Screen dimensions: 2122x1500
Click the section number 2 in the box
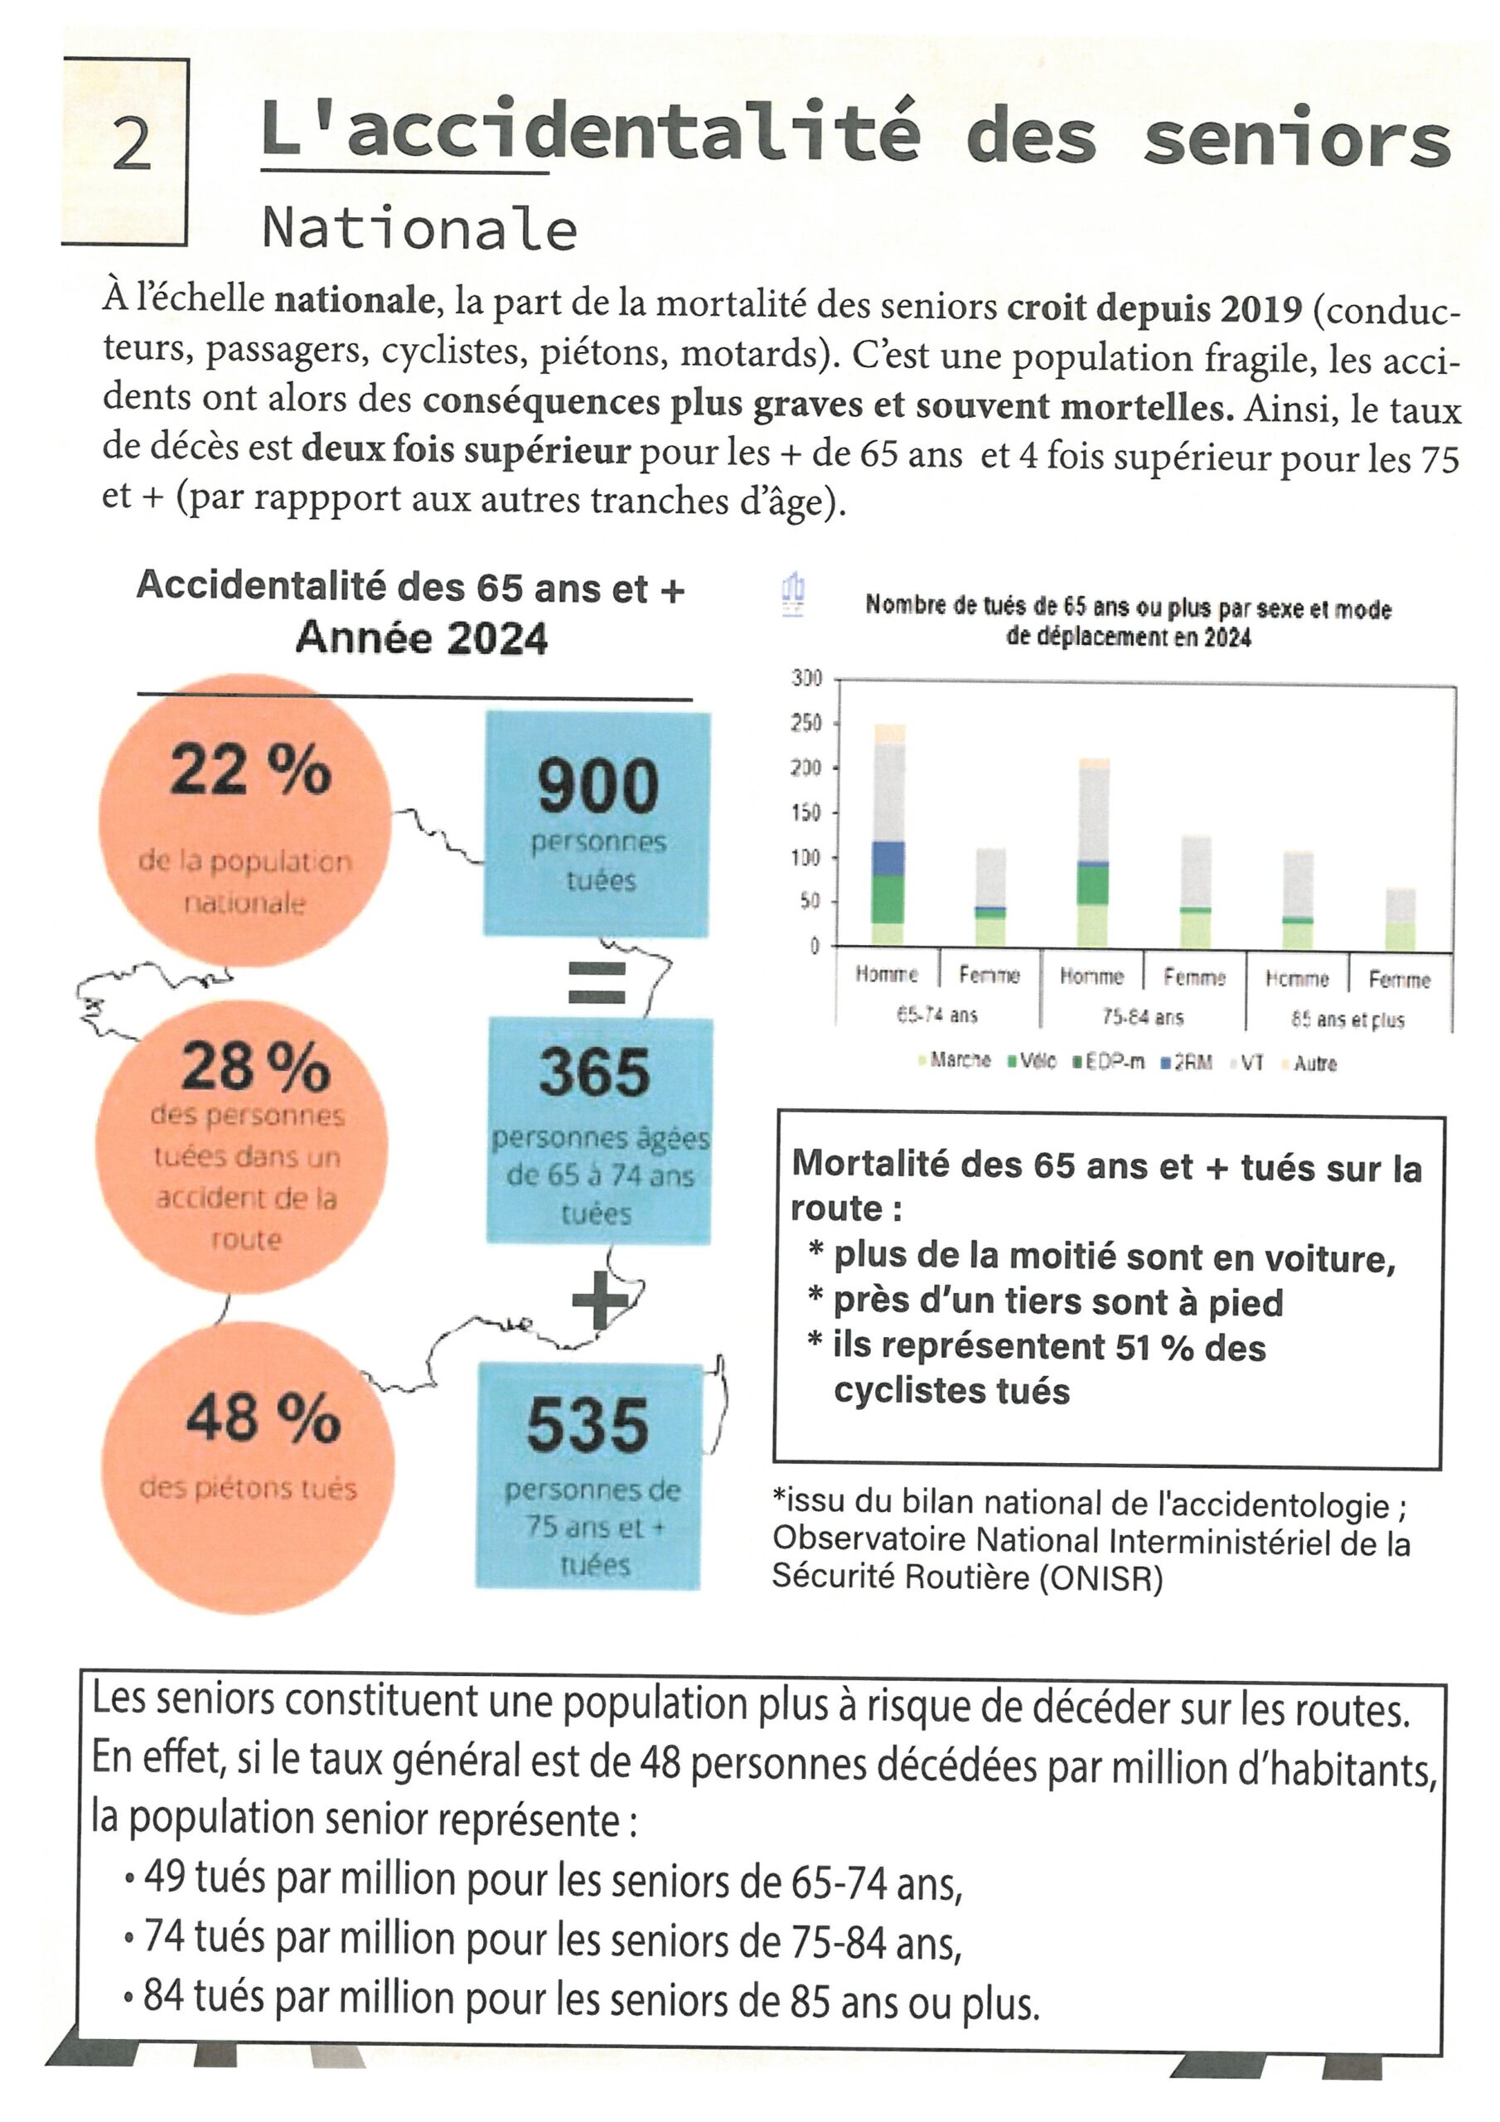tap(130, 145)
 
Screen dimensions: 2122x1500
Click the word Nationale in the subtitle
tap(419, 228)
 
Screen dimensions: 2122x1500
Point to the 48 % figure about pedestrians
tap(263, 1417)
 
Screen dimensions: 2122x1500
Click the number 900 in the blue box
tap(598, 786)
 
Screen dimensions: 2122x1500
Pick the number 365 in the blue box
tap(595, 1072)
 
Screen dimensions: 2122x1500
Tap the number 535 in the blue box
tap(588, 1424)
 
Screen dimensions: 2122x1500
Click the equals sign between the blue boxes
tap(596, 982)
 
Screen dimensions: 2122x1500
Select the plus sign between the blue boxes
tap(600, 1300)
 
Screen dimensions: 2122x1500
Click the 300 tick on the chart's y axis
tap(806, 677)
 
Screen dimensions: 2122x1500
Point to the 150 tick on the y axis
tap(806, 812)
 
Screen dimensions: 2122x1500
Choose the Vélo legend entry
tap(1037, 1061)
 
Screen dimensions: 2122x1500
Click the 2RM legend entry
tap(1193, 1062)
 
